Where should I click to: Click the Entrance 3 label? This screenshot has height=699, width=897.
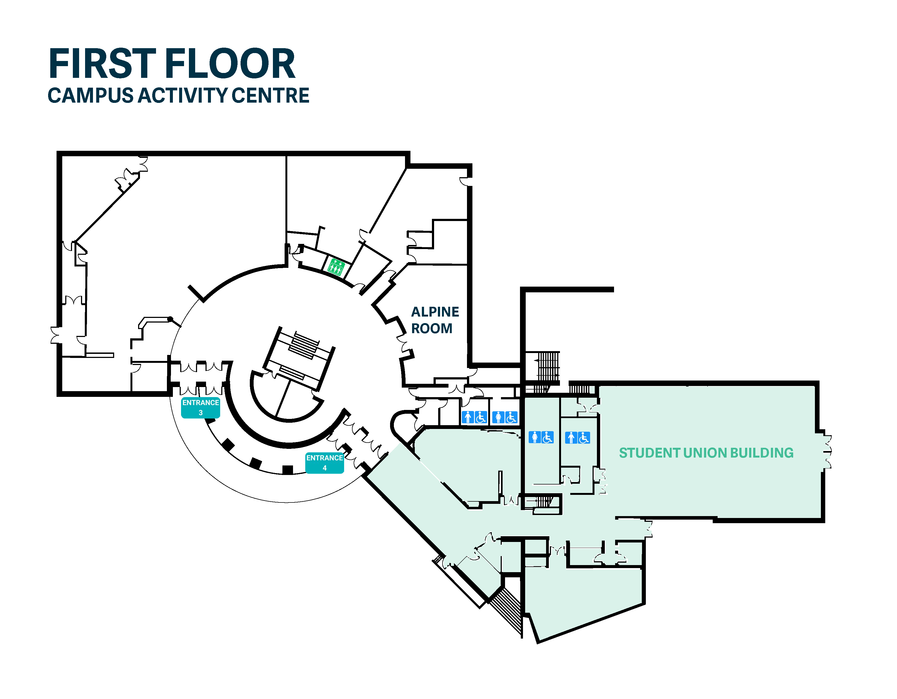coord(200,407)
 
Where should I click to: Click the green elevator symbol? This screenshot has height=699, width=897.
coord(335,267)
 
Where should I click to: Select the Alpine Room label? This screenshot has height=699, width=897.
coord(435,320)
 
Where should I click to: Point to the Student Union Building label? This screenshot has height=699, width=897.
coord(706,453)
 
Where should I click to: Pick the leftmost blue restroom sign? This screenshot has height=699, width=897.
coord(474,417)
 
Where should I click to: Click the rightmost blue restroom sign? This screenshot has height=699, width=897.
coord(577,437)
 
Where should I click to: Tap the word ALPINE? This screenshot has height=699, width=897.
coord(435,312)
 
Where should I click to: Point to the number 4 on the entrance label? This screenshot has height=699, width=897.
coord(325,468)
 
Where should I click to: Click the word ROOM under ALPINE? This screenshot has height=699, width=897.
coord(432,328)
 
